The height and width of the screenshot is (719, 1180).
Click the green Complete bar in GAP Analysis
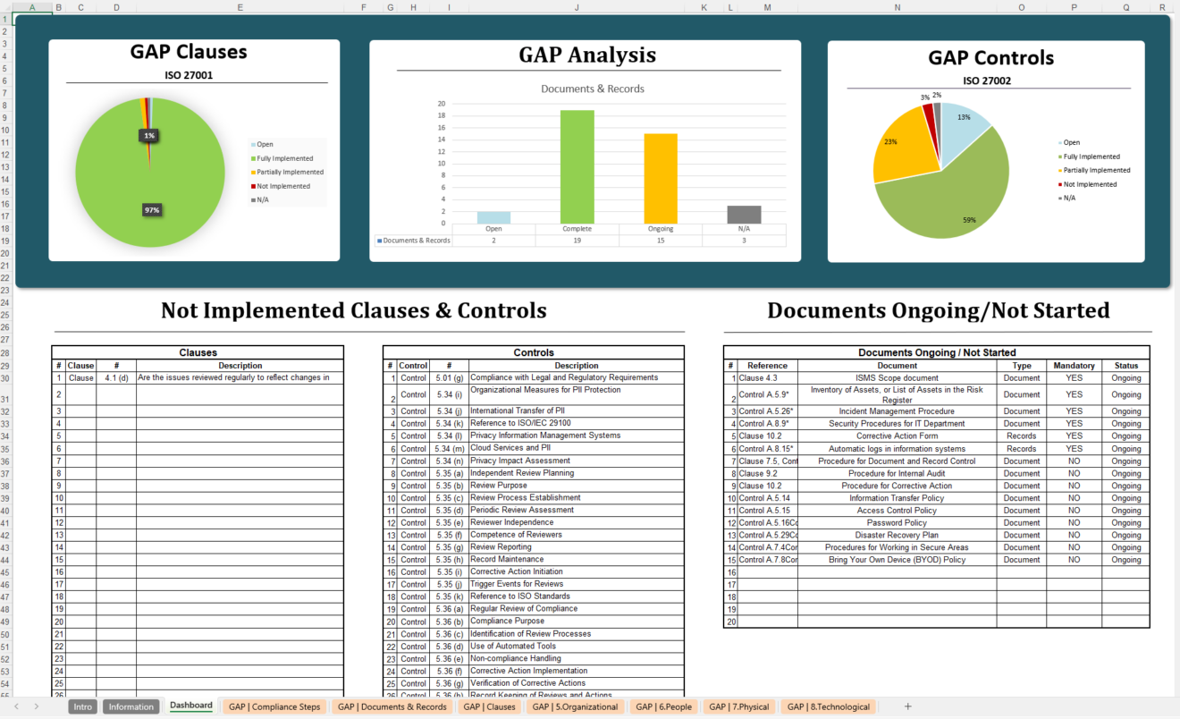click(x=577, y=167)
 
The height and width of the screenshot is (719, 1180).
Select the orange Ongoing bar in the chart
click(x=661, y=179)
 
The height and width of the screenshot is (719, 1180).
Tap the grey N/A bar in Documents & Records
click(x=744, y=215)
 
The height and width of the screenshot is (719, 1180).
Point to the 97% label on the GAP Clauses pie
click(x=151, y=210)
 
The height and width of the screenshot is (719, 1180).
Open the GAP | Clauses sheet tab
click(x=489, y=706)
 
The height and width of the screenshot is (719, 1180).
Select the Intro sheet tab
click(x=83, y=706)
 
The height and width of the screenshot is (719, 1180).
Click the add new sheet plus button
click(x=908, y=706)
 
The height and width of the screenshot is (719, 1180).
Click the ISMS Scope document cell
click(x=897, y=378)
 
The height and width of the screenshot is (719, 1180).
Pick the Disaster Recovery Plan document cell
click(x=897, y=535)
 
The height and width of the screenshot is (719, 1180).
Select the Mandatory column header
click(x=1074, y=365)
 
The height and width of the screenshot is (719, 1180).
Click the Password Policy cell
click(x=897, y=522)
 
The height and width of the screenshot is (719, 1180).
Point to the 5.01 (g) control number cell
click(x=449, y=378)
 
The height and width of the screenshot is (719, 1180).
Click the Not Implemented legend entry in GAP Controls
click(x=1090, y=184)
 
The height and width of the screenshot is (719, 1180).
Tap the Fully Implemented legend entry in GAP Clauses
click(x=285, y=158)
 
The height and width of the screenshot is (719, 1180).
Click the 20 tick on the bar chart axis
click(x=442, y=104)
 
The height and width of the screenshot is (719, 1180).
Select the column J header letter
click(x=576, y=7)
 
